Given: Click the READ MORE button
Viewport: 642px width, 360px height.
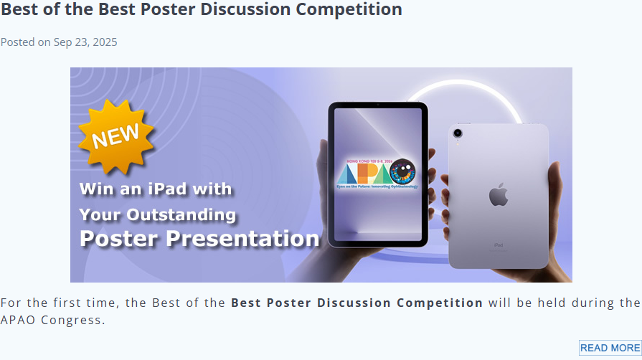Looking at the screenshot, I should coord(610,348).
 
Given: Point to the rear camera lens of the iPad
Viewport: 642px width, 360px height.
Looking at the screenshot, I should coord(458,133).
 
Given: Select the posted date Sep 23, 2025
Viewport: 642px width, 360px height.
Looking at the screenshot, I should coord(85,42).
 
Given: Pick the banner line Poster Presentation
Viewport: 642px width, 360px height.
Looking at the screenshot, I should coord(199,239).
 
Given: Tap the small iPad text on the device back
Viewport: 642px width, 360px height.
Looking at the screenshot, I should coord(498,245).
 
